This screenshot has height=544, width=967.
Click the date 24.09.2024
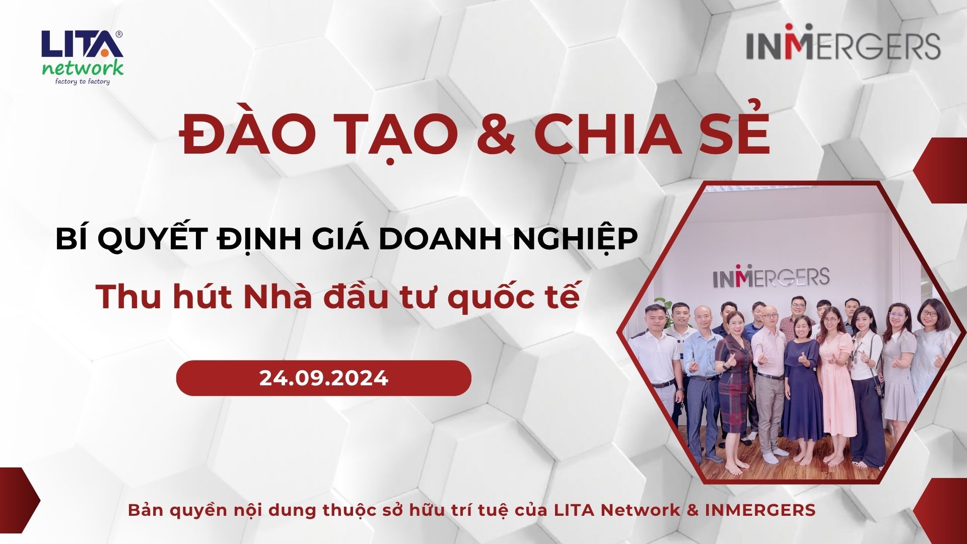click(x=324, y=378)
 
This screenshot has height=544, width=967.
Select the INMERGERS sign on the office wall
click(x=771, y=276)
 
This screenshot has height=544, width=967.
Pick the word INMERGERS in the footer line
click(x=760, y=510)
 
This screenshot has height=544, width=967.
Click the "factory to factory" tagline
click(x=82, y=81)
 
